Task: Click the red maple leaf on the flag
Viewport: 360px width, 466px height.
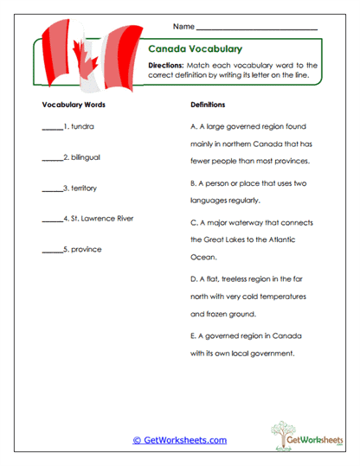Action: click(86, 61)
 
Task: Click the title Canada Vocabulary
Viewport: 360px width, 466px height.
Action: click(195, 49)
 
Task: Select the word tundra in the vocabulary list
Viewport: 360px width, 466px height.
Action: click(83, 126)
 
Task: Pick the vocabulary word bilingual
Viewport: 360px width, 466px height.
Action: click(87, 157)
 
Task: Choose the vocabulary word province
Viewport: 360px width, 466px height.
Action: click(87, 250)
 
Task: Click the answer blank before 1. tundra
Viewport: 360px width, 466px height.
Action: click(52, 127)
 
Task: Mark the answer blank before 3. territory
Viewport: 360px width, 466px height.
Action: click(52, 188)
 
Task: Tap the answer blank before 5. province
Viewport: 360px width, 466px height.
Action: click(52, 251)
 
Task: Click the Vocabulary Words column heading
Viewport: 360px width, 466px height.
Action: click(74, 105)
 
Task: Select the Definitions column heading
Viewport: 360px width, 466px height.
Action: click(208, 105)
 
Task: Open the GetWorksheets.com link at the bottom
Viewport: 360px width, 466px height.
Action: click(180, 440)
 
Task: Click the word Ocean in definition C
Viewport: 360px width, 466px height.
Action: click(201, 257)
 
